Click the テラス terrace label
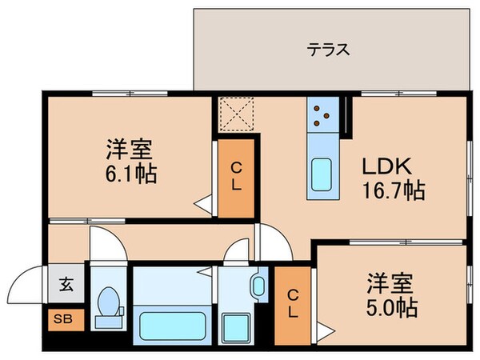tap(329, 50)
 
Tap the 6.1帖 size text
tap(129, 173)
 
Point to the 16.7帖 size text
tap(391, 191)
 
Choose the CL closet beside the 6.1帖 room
tap(237, 178)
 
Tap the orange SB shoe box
tap(62, 318)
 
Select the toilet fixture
tap(108, 307)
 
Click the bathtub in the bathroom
tap(171, 325)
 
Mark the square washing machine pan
tap(238, 326)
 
